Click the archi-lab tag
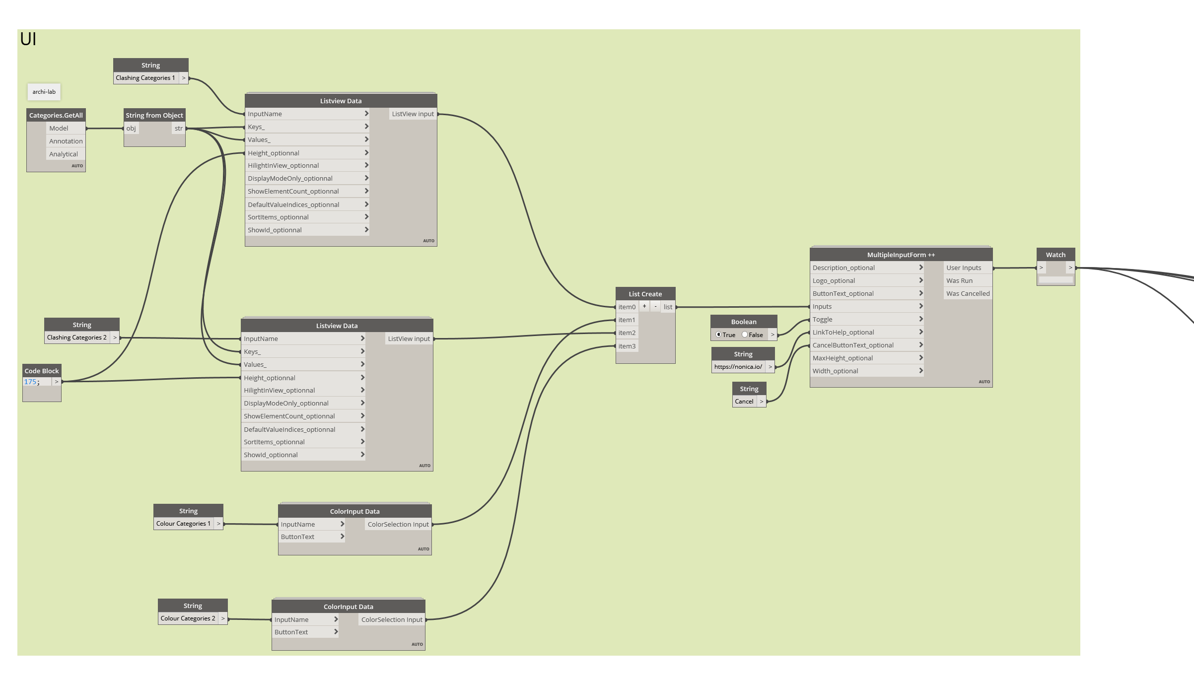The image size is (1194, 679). [x=44, y=92]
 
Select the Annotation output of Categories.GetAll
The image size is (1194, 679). [x=66, y=141]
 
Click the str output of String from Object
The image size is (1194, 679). [x=179, y=129]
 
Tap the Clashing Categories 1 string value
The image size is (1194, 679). [x=145, y=78]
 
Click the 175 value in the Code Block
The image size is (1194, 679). [x=30, y=382]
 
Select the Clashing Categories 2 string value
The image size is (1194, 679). [x=77, y=338]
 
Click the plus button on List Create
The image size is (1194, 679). [x=644, y=306]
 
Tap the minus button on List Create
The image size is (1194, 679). [x=655, y=306]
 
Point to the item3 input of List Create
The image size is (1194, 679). [x=627, y=346]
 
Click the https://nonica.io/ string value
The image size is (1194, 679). [x=738, y=367]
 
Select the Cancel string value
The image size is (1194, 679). [x=744, y=402]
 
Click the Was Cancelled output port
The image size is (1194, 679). [x=968, y=294]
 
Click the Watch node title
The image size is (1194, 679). [x=1055, y=255]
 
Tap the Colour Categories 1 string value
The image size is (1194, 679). [x=183, y=524]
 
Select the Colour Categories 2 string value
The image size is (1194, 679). [x=188, y=618]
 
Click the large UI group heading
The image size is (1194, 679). [x=28, y=39]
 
